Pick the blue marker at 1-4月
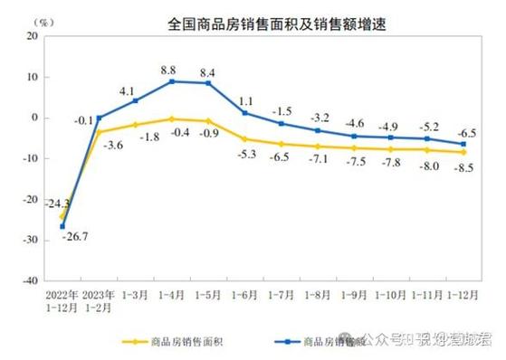pos(172,81)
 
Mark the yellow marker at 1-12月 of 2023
pos(465,152)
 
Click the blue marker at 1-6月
pos(245,113)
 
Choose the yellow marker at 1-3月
pos(135,125)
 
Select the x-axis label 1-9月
pos(355,295)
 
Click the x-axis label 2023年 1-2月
pos(99,300)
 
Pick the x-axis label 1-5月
pos(208,295)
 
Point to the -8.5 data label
pos(465,168)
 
